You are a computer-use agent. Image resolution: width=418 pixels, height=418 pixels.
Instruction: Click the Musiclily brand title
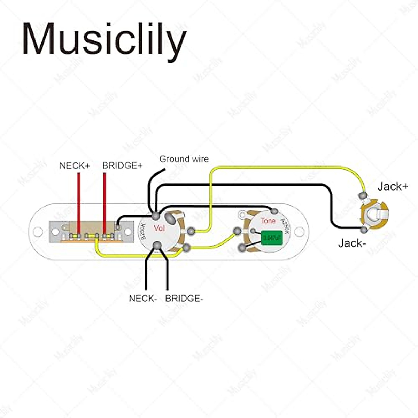pyautogui.click(x=104, y=39)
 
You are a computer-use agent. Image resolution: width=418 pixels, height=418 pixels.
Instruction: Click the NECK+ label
pyautogui.click(x=75, y=166)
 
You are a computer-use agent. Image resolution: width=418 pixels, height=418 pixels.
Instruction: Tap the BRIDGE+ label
pyautogui.click(x=122, y=166)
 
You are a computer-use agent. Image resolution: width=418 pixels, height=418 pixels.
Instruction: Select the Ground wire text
pyautogui.click(x=184, y=159)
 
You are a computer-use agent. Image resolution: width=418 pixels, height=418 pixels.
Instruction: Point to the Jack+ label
pyautogui.click(x=393, y=187)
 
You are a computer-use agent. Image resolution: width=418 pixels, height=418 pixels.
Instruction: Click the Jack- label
pyautogui.click(x=352, y=243)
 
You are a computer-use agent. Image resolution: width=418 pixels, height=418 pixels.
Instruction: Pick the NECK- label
pyautogui.click(x=143, y=299)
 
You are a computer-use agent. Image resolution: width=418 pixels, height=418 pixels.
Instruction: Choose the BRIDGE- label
pyautogui.click(x=184, y=299)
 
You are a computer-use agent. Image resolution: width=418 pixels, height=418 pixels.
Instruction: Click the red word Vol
pyautogui.click(x=159, y=228)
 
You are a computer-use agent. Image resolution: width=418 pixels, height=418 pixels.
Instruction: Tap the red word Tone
pyautogui.click(x=268, y=221)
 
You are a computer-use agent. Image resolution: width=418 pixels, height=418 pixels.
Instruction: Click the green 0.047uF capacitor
pyautogui.click(x=271, y=238)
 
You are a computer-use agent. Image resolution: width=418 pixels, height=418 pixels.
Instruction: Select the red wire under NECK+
pyautogui.click(x=79, y=202)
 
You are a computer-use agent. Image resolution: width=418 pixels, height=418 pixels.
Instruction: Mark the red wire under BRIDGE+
pyautogui.click(x=104, y=202)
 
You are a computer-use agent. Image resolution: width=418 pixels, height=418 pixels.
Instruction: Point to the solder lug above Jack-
pyautogui.click(x=364, y=230)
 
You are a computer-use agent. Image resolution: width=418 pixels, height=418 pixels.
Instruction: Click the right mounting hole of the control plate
pyautogui.click(x=299, y=231)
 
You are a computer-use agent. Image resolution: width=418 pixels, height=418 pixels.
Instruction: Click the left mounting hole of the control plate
pyautogui.click(x=38, y=231)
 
